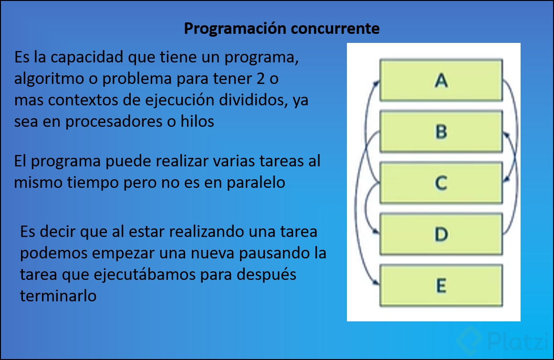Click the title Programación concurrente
(x=282, y=29)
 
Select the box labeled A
(x=441, y=80)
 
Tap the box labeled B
(x=441, y=132)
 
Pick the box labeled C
(x=441, y=183)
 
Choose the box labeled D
(x=441, y=234)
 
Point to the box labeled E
(x=441, y=286)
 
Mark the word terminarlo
(x=58, y=296)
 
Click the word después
(x=267, y=275)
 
